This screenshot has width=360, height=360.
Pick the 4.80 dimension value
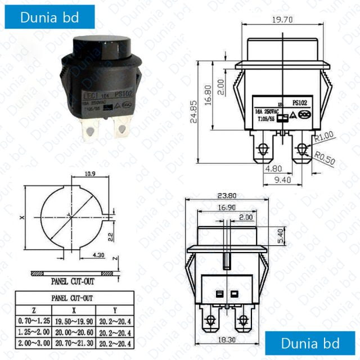(x=274, y=168)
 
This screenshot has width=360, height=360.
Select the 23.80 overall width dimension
(x=226, y=196)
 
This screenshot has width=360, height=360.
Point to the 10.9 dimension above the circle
(x=89, y=175)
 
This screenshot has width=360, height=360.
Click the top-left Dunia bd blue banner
(x=49, y=17)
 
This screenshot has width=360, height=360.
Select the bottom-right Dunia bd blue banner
(x=310, y=343)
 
